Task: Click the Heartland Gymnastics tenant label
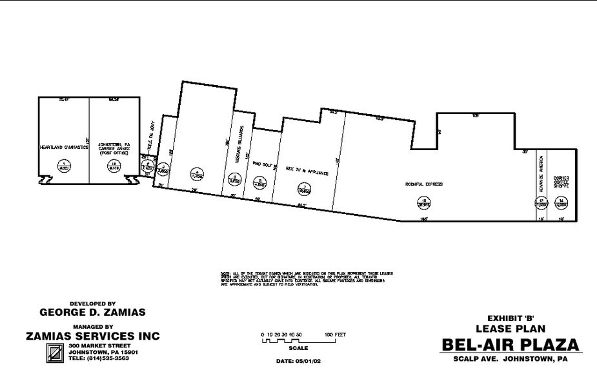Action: click(63, 148)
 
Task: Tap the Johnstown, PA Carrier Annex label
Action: click(114, 148)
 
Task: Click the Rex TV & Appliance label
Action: click(307, 173)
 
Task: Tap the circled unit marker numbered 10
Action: click(423, 202)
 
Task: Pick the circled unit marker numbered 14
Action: click(562, 202)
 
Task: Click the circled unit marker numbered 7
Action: click(303, 189)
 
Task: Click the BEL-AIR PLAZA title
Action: click(510, 345)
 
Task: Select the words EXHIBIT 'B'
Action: click(511, 317)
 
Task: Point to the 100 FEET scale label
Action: click(336, 335)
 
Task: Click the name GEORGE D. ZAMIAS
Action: click(93, 313)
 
